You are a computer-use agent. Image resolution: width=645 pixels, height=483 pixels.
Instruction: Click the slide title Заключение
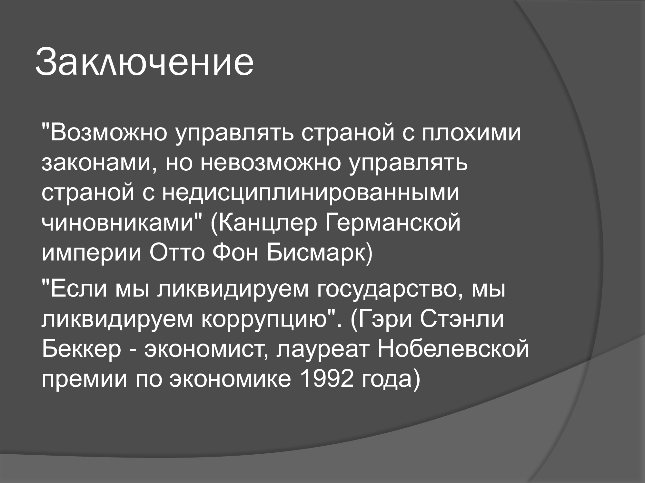coord(144,62)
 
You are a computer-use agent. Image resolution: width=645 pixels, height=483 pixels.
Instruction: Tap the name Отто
coord(177,253)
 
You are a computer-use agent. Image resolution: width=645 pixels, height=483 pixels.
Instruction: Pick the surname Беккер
coord(81,350)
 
